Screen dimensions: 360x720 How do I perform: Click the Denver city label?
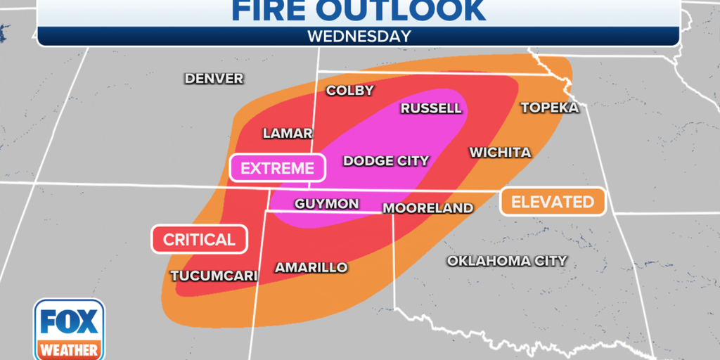click(x=214, y=79)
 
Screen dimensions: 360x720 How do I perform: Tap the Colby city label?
click(x=349, y=91)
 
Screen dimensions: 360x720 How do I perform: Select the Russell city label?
click(x=431, y=108)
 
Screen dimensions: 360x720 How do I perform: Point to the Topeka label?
click(x=549, y=108)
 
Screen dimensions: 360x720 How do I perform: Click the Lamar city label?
click(x=288, y=133)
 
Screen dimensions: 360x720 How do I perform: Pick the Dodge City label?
click(x=386, y=161)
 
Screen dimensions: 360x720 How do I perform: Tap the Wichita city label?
click(x=500, y=153)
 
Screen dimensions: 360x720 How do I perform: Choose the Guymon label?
click(x=326, y=204)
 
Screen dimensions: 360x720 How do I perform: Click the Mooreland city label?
click(x=427, y=208)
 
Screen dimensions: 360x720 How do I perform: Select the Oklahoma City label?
click(x=507, y=261)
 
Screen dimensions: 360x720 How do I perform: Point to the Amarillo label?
click(x=311, y=268)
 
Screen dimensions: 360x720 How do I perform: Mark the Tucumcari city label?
click(x=214, y=276)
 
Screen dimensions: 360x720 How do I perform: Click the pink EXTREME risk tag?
click(x=277, y=168)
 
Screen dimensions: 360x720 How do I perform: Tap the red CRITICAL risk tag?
click(x=199, y=240)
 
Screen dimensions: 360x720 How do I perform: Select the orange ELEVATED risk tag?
click(x=552, y=202)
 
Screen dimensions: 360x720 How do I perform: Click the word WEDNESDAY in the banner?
click(x=359, y=37)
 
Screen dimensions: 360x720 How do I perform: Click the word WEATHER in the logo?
click(x=69, y=349)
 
